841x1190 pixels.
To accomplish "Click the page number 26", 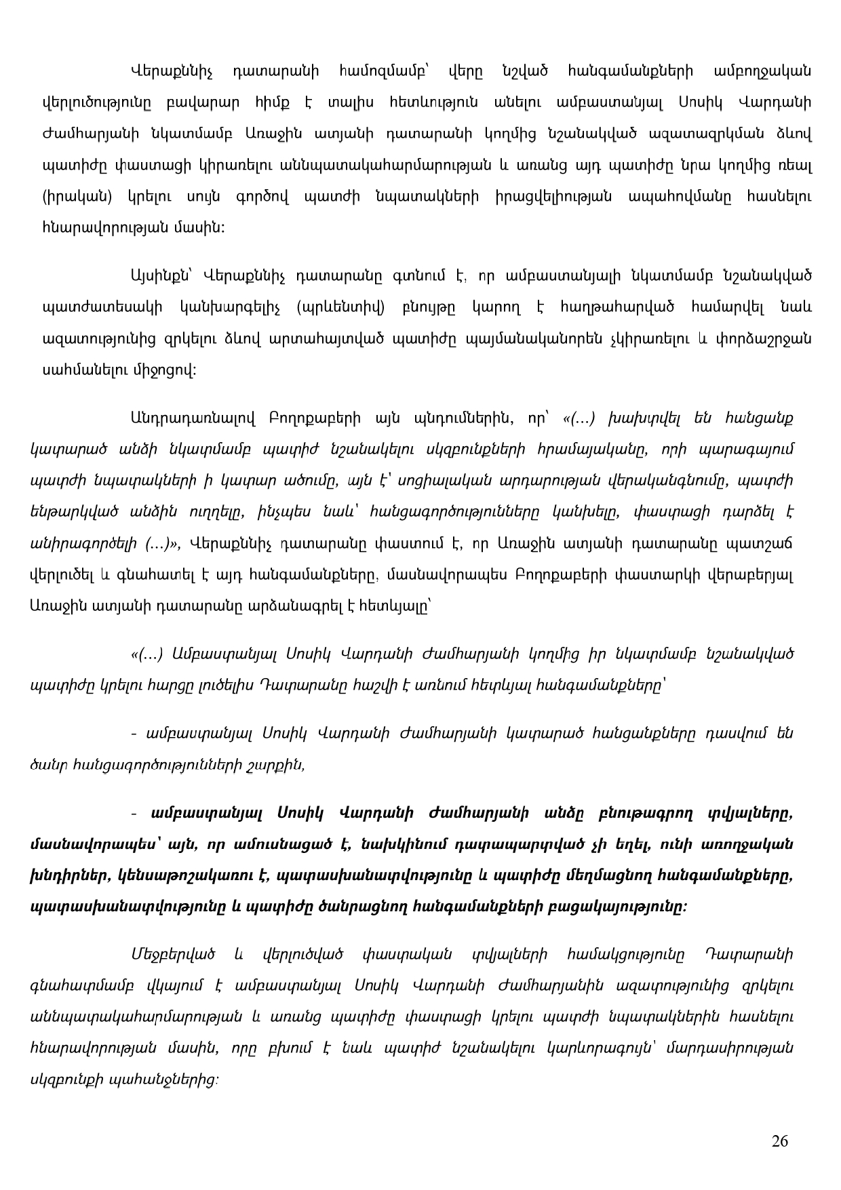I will click(780, 1141).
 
